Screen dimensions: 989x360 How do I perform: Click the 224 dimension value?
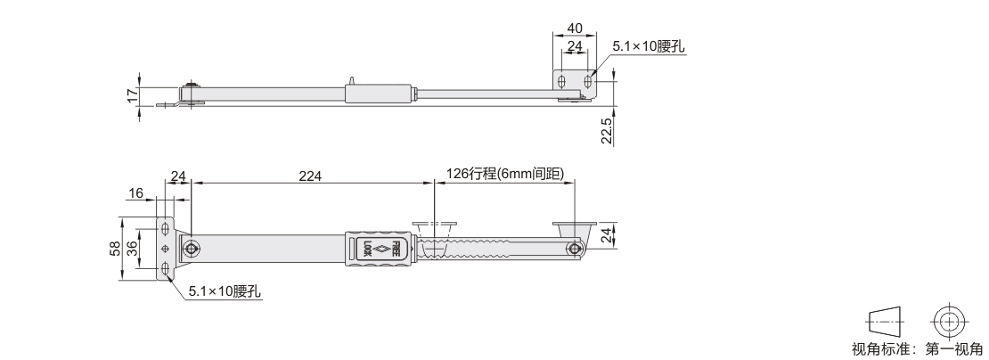[x=310, y=176]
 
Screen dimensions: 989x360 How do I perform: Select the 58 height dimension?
[x=115, y=249]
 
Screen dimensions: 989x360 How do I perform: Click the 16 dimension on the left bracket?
[x=136, y=193]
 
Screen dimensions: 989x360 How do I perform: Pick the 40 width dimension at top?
[x=575, y=29]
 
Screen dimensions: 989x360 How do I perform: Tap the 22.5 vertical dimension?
[x=607, y=130]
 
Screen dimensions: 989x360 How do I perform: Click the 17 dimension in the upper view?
[x=132, y=96]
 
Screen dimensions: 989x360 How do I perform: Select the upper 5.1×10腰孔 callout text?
[x=649, y=47]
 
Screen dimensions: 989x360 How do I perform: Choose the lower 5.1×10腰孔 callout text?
[x=225, y=291]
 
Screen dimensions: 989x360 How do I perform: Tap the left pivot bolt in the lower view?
[x=191, y=249]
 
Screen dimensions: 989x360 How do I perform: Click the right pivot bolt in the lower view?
[x=574, y=249]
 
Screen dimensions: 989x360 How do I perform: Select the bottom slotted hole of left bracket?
[x=165, y=271]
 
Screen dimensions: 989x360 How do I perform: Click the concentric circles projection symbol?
[x=947, y=322]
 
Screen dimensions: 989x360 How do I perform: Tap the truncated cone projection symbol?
[x=886, y=322]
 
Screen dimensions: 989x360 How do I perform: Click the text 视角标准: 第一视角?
[x=917, y=348]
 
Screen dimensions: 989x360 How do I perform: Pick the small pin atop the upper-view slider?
[x=352, y=81]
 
